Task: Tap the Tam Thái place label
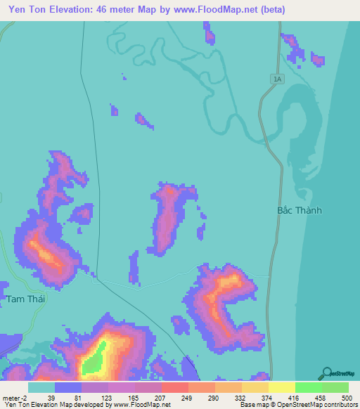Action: [25, 299]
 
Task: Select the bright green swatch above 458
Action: [309, 387]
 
